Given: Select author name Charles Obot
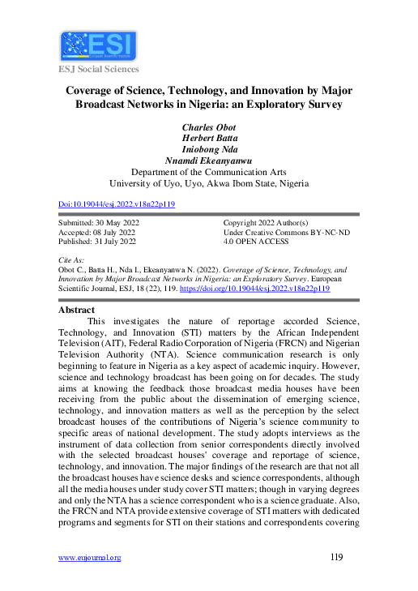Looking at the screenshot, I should click(208, 127).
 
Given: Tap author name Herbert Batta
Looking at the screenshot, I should click(208, 139).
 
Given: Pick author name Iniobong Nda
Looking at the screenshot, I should click(208, 150).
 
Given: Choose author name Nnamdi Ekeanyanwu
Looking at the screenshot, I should click(208, 161).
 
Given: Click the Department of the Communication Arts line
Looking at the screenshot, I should click(208, 173).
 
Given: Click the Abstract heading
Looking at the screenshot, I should click(77, 310).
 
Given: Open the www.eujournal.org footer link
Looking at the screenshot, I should click(90, 558).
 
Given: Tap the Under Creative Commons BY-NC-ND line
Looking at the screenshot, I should click(286, 232).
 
